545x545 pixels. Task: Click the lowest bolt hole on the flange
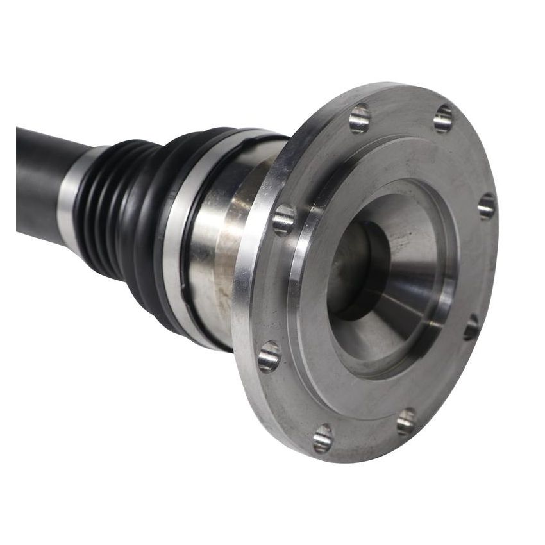(323, 439)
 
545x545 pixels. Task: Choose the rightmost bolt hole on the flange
(487, 206)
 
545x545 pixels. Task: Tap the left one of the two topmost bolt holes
(360, 119)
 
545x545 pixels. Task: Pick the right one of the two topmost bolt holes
(443, 119)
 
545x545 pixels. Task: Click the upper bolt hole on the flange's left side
(284, 219)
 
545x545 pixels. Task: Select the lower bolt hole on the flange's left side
(269, 356)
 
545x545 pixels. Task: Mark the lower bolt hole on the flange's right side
(472, 327)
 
